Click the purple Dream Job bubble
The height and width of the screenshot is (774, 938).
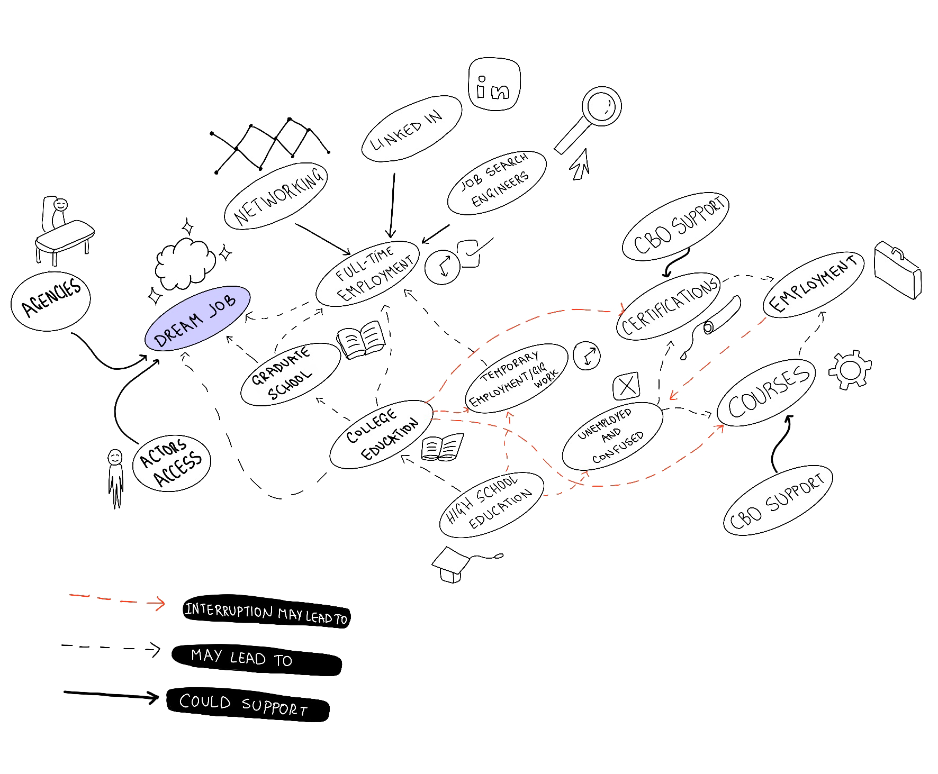(x=197, y=318)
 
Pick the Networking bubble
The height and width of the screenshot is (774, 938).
(x=276, y=196)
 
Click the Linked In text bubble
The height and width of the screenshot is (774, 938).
(x=411, y=129)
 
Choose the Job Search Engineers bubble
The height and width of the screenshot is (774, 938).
(x=497, y=183)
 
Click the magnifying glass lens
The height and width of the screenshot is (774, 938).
(x=601, y=106)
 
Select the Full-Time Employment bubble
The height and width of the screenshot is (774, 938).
(x=368, y=274)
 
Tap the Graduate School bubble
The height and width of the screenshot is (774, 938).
(x=290, y=374)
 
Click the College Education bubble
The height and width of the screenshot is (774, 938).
(x=381, y=434)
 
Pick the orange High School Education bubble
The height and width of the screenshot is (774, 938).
(x=491, y=504)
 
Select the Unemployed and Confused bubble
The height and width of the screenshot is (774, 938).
(x=612, y=436)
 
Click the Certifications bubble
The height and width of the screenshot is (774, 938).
(x=668, y=306)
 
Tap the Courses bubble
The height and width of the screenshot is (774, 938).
(x=766, y=392)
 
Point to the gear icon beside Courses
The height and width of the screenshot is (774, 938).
(x=850, y=370)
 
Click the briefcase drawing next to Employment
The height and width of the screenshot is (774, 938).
(x=897, y=270)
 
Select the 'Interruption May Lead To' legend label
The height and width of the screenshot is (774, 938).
(x=266, y=612)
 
